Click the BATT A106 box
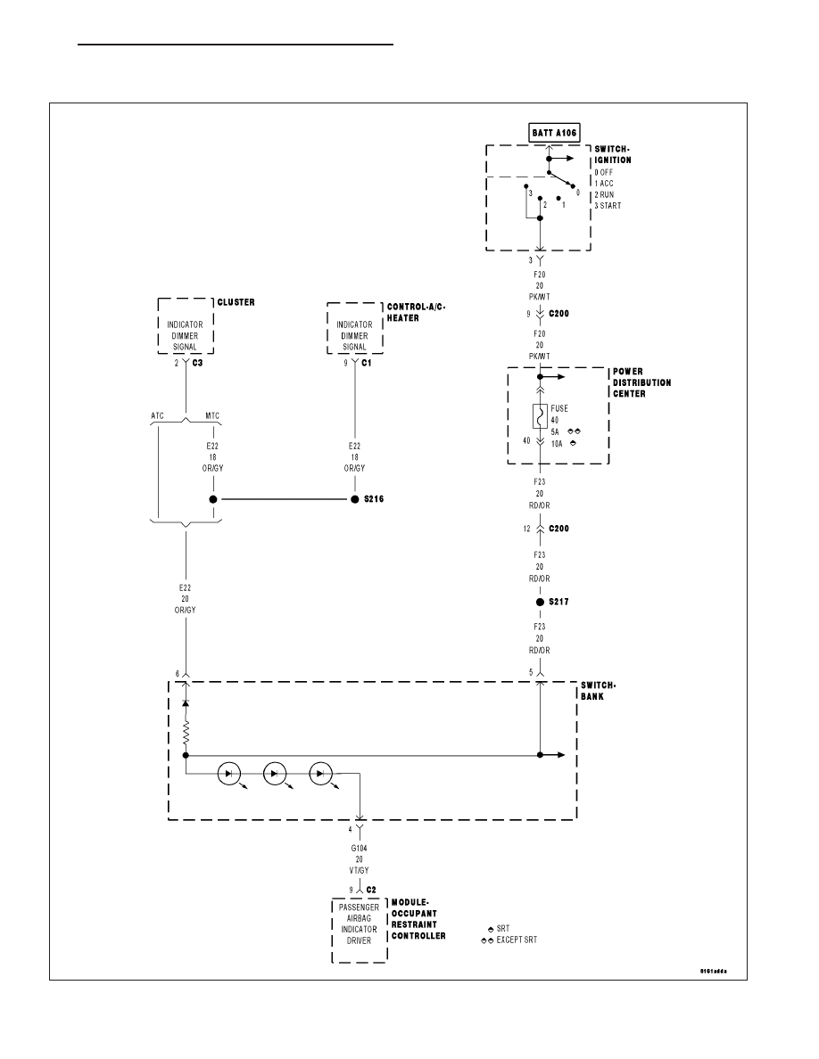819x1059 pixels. coord(554,132)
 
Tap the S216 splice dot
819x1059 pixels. coord(355,499)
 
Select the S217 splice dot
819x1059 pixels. coord(540,602)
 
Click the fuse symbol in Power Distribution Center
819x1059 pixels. coord(540,416)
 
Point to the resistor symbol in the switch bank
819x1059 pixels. coord(186,733)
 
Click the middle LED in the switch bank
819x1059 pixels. coord(275,774)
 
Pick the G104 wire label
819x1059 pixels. coord(359,849)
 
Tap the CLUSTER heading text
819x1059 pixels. coord(236,302)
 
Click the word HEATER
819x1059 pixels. coord(402,318)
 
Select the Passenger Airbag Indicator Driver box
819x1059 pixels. coord(360,930)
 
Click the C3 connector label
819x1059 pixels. coord(197,363)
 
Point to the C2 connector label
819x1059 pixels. coord(371,890)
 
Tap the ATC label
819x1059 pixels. coord(157,415)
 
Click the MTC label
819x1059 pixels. coord(212,415)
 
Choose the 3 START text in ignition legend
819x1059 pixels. coord(608,205)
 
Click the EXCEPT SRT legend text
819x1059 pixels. coord(517,940)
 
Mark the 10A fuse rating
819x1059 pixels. coord(556,444)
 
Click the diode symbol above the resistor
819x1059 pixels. coord(186,703)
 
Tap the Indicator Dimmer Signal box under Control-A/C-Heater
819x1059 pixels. coord(355,328)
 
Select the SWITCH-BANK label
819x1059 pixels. coord(598,691)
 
